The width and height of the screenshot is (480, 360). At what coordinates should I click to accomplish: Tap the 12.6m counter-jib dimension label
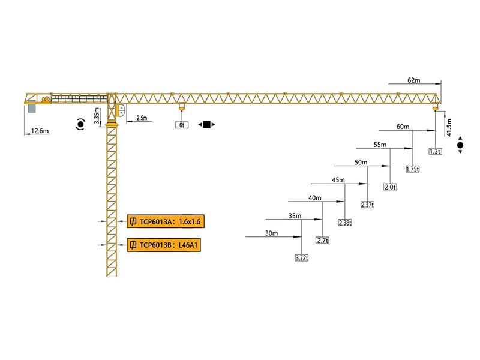[40, 130]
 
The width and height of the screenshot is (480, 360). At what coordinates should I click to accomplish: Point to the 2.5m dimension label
[142, 118]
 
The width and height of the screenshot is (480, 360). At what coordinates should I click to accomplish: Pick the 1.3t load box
[435, 151]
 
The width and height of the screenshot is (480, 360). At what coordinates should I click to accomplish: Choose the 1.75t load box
[412, 169]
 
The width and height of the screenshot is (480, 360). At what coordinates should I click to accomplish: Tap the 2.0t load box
[390, 187]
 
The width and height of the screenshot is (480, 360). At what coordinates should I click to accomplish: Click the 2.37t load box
[367, 205]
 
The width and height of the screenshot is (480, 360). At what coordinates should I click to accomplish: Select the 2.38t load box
[345, 223]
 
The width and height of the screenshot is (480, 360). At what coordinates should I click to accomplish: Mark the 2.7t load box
[323, 240]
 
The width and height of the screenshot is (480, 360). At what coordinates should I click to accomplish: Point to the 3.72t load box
[301, 258]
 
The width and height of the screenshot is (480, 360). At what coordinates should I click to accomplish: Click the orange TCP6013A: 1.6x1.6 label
[164, 222]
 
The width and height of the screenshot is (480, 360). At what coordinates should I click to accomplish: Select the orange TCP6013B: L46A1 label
[164, 245]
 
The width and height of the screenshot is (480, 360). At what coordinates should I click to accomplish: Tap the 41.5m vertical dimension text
[448, 128]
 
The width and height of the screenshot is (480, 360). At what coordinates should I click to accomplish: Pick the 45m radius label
[338, 180]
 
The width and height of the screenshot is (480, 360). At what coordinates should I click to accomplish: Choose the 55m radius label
[380, 145]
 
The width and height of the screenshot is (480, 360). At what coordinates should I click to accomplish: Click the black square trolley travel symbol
[206, 125]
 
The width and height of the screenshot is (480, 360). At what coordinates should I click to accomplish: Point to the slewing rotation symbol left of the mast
[80, 125]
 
